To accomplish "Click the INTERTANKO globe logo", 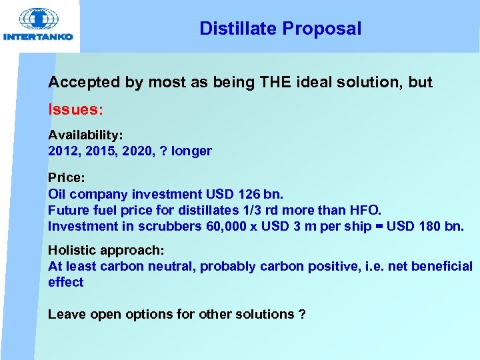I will [x=38, y=19].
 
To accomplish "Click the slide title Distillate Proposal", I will [x=280, y=29].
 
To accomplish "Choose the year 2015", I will [x=100, y=151].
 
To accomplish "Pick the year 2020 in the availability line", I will [x=137, y=151].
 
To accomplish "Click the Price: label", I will [x=66, y=178].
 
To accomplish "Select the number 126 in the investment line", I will [x=247, y=194].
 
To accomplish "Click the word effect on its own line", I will [x=65, y=282].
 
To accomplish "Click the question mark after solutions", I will [x=302, y=314].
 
